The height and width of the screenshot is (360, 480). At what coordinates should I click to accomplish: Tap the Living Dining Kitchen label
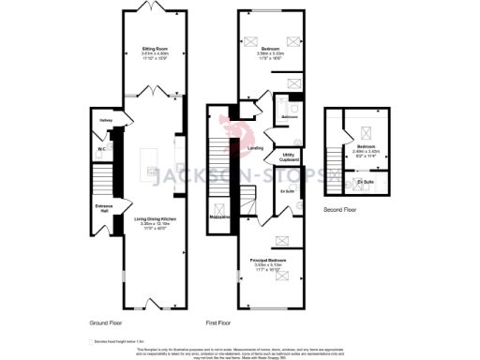point(155,218)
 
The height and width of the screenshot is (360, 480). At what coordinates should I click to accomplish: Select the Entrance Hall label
point(103,207)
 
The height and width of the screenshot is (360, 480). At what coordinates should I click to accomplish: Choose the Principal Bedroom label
point(267,259)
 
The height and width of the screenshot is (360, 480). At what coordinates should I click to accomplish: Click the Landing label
point(254,147)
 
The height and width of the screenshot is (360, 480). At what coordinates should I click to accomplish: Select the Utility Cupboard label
point(290,157)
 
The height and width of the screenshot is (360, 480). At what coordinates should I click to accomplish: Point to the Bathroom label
point(289,117)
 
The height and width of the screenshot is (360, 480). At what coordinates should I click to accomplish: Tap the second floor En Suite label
point(365,181)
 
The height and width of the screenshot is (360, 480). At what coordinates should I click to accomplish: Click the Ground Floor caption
point(107,322)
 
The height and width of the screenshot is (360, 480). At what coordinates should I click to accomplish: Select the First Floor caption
point(217,322)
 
